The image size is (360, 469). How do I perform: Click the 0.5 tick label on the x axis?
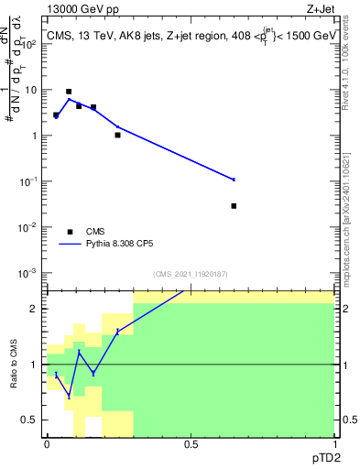[x=191, y=443]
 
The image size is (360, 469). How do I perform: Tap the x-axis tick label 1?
[x=333, y=443]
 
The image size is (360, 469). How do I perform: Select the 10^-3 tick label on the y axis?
[x=31, y=273]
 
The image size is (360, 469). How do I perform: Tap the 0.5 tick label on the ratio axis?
[x=32, y=420]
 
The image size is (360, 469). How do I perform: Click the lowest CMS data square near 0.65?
[x=235, y=206]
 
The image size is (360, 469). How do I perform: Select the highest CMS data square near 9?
[x=69, y=92]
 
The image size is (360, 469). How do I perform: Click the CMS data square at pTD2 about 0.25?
[x=118, y=135]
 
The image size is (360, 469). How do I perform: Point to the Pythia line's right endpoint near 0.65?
[x=235, y=180]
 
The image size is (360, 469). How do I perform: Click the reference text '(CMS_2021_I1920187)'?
[x=190, y=274]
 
